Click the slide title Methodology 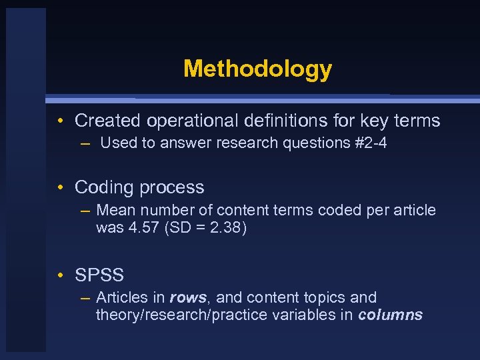click(257, 69)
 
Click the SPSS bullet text click(99, 275)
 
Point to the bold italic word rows click(188, 297)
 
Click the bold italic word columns click(390, 315)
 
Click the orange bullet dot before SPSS click(60, 275)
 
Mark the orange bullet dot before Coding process click(60, 187)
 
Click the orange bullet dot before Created click(60, 121)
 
